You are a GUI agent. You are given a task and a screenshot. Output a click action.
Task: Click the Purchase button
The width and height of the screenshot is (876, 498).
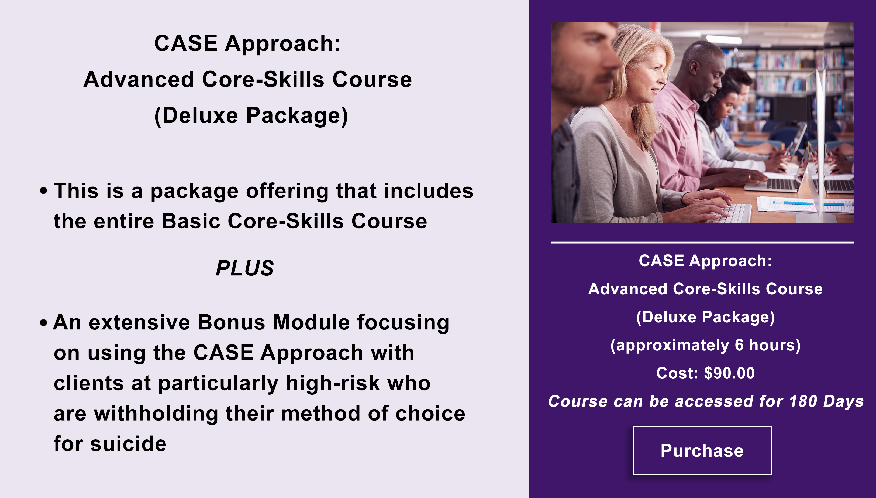tap(702, 450)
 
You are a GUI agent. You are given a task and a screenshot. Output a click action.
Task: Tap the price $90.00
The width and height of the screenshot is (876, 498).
tap(729, 373)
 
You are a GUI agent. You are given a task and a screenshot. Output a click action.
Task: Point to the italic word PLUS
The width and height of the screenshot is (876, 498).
tap(245, 268)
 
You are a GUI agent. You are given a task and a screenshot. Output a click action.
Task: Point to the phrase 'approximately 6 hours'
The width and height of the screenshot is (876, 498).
tap(705, 345)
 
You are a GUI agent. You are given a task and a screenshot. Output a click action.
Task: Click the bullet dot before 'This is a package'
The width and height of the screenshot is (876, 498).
tap(43, 191)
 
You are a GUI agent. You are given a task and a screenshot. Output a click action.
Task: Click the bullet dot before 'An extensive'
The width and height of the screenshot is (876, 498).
tap(43, 323)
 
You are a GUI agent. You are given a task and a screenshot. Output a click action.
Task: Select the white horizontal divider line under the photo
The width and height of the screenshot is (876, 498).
tap(702, 243)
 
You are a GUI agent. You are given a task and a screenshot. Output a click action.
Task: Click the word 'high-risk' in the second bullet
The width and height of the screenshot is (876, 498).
tap(333, 383)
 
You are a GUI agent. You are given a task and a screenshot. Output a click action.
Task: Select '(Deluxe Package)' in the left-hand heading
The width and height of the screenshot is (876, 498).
tap(251, 116)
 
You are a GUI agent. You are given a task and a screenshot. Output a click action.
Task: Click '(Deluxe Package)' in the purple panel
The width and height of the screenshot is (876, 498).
tap(705, 317)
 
